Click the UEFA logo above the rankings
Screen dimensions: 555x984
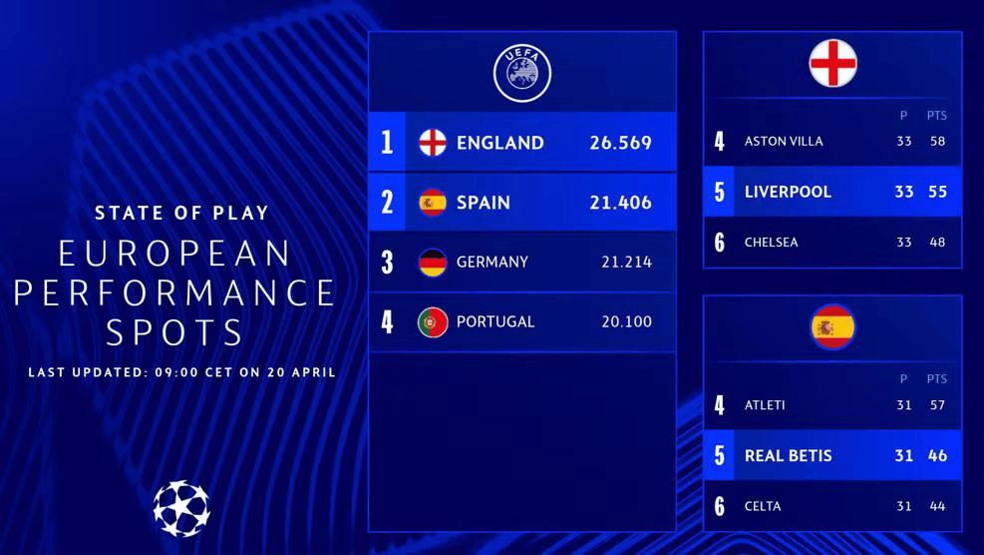522,74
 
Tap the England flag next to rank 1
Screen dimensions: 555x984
433,143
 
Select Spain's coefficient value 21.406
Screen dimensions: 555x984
620,203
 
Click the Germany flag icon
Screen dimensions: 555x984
433,263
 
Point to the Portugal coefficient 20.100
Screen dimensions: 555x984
626,321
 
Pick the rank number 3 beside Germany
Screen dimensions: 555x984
388,263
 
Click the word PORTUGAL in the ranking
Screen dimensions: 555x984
495,321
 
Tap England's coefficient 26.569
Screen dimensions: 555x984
620,143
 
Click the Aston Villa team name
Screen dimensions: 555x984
784,142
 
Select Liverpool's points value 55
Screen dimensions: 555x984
937,192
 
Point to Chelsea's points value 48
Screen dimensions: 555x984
937,243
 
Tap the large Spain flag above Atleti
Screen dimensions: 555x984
832,327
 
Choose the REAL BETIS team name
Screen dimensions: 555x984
788,456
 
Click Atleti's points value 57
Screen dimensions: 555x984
937,405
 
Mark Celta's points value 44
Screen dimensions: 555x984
937,506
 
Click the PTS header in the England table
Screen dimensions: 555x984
937,116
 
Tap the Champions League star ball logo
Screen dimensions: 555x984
181,508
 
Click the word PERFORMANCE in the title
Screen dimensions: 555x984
174,292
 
